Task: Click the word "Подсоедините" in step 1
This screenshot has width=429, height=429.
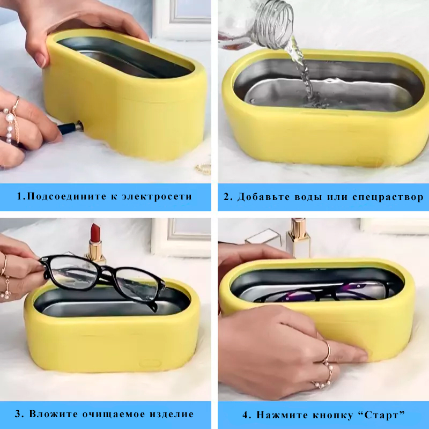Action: [67, 196]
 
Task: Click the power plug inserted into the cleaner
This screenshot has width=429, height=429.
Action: [70, 128]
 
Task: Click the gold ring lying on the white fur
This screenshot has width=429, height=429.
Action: [204, 168]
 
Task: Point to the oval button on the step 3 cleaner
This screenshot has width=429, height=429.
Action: [150, 364]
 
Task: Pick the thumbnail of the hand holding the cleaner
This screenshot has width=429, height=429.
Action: [41, 60]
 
